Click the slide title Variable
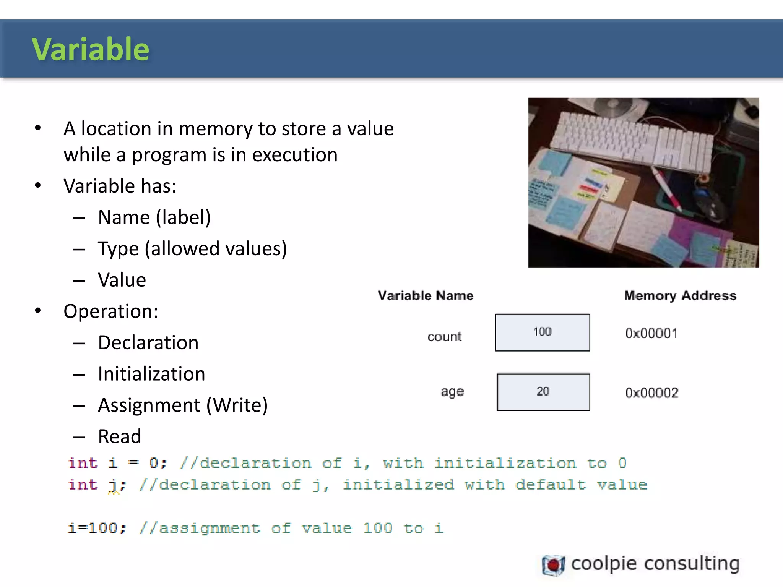point(91,49)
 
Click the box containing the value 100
point(542,332)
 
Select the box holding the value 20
point(543,392)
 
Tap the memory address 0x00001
point(651,333)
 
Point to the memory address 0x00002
point(652,393)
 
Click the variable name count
point(444,336)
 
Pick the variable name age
point(452,392)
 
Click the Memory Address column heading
point(680,295)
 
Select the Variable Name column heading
point(425,295)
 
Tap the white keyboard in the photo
point(631,141)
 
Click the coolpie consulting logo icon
point(553,565)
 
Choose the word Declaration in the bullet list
point(148,342)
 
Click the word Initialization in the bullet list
point(151,374)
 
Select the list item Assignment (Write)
point(183,405)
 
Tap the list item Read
point(120,436)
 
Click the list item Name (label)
point(154,217)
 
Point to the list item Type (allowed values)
point(192,249)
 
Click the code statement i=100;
point(97,528)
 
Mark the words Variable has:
point(120,186)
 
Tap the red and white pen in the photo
point(667,189)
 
